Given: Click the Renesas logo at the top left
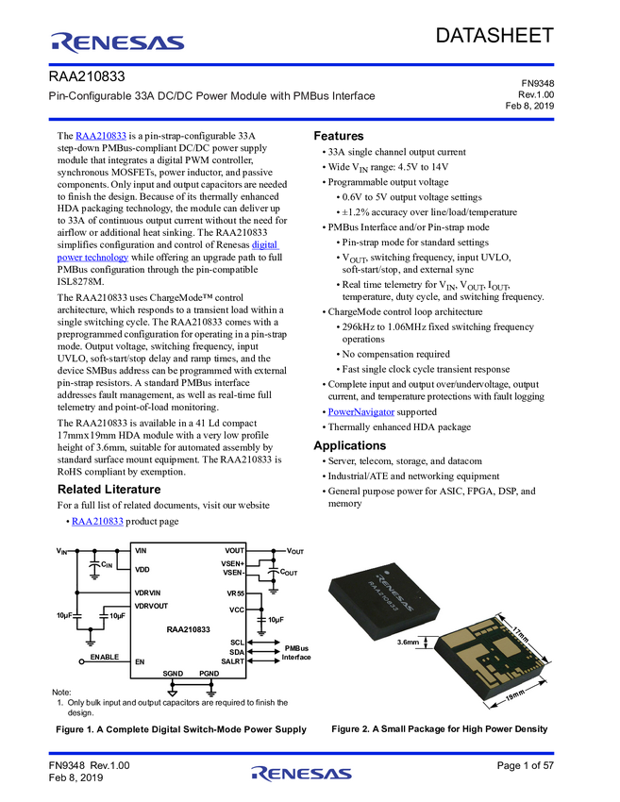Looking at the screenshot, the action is tap(118, 42).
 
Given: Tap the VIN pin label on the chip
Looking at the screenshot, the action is tap(142, 550).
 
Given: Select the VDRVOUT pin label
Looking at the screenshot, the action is tap(152, 606).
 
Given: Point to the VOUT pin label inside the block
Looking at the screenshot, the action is tap(235, 550).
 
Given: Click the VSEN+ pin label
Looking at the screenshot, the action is tap(232, 563).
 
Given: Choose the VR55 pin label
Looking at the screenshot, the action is tap(236, 593).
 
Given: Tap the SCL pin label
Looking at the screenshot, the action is tap(238, 642).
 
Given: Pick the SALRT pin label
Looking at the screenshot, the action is tap(233, 661).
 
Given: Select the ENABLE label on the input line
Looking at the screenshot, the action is tap(105, 656).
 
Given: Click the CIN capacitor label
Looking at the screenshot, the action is tap(107, 564).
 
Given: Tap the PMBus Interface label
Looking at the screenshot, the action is tap(297, 653).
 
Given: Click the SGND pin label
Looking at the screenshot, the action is tap(173, 674).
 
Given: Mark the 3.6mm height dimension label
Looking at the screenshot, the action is tap(409, 643).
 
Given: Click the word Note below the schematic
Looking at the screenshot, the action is tap(61, 693).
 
